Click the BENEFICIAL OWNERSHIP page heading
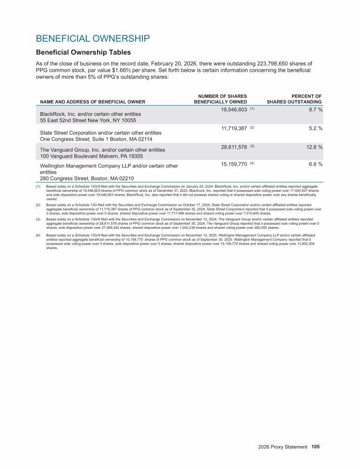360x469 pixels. click(x=93, y=38)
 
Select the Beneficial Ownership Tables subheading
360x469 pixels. click(x=83, y=52)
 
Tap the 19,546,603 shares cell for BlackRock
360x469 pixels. click(x=233, y=109)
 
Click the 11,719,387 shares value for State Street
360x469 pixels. click(x=233, y=128)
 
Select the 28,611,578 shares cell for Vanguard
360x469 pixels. click(x=233, y=147)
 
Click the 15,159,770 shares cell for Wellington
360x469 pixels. click(x=233, y=164)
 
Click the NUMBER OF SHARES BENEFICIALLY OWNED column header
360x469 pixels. click(x=220, y=99)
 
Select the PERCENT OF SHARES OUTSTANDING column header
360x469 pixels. click(x=294, y=99)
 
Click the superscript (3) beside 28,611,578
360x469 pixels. click(x=252, y=146)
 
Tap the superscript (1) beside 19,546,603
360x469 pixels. click(x=252, y=108)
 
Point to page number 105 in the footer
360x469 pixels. click(x=315, y=447)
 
